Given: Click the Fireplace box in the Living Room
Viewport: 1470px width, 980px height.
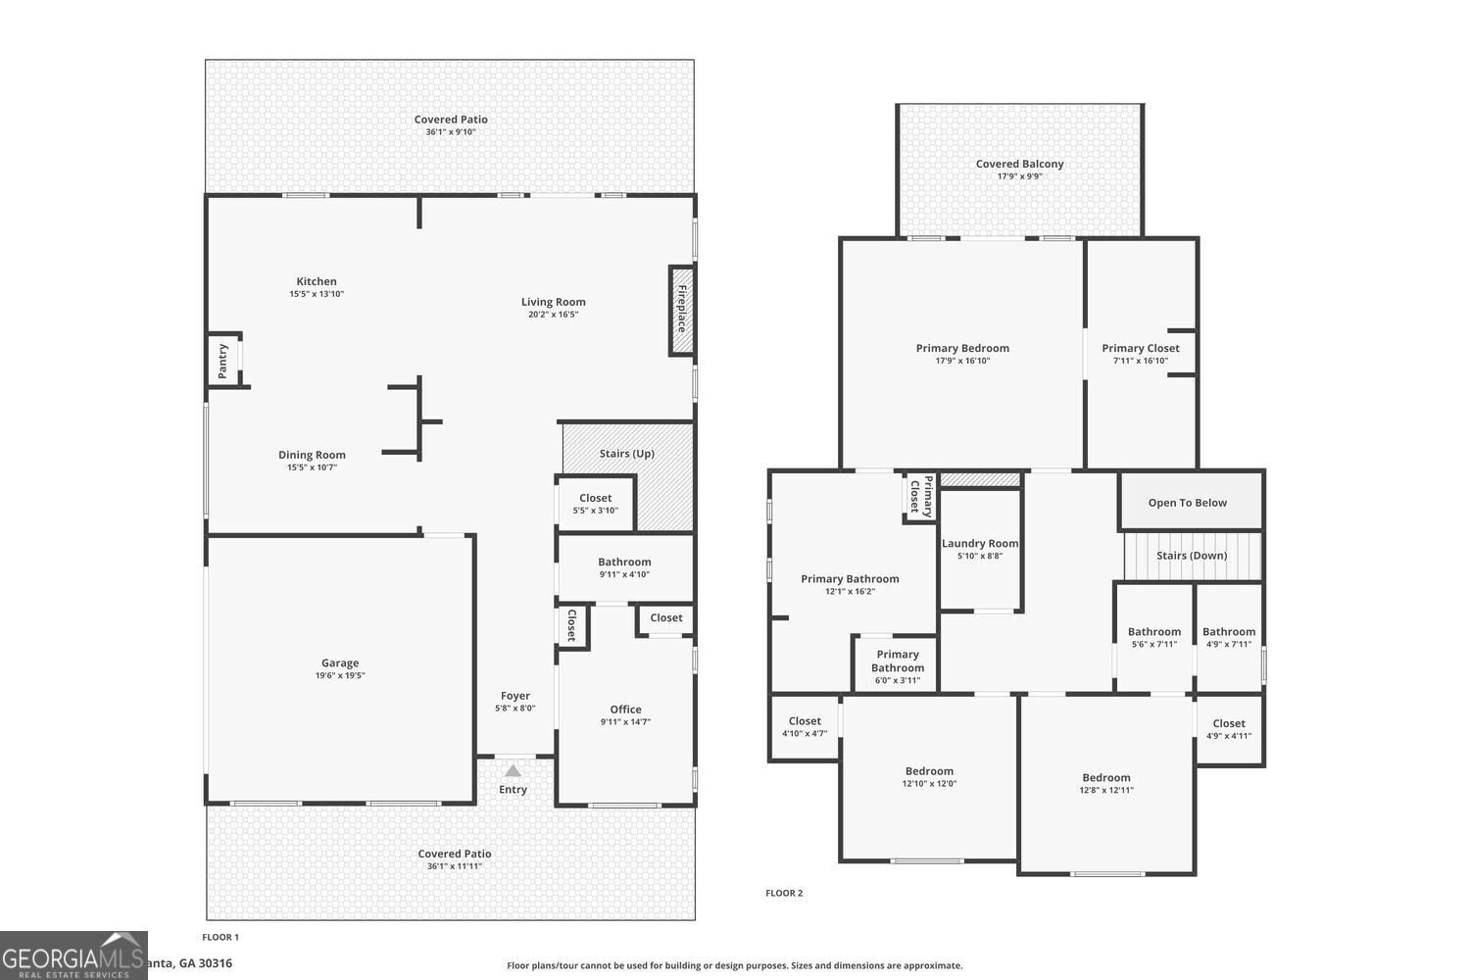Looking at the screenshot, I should pos(681,310).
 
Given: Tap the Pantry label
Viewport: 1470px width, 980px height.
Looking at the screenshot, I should pos(223,360).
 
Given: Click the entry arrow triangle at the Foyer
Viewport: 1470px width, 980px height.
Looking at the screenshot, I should pos(513,770).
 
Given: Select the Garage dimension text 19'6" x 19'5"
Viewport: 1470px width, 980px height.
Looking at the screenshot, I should pos(340,676).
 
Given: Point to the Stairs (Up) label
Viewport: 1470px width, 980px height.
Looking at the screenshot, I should pos(626,454).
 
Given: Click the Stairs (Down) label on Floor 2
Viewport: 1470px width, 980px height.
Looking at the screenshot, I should pos(1192,556).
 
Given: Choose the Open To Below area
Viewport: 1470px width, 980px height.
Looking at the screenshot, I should pos(1188,503).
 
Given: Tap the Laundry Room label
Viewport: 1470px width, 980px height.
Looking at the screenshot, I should pos(980,544).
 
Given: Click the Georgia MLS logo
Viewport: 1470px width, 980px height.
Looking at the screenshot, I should pos(73,955).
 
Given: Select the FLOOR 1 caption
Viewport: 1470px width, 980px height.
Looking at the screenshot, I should pos(220,938).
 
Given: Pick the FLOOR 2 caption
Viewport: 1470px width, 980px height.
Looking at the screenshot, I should pos(784,893).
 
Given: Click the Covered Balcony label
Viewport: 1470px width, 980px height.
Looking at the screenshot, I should pos(1019,165).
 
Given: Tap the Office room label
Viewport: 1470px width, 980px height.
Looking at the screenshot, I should pos(625,710).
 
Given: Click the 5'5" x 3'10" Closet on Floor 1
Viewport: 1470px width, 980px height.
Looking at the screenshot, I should pos(595,504).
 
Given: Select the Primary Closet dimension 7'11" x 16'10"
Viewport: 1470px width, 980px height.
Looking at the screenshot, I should pos(1141,361).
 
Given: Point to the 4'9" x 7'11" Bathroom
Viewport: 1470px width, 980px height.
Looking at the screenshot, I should pos(1229,638).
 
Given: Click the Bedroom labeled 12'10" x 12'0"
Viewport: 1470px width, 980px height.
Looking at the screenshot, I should pos(929,777).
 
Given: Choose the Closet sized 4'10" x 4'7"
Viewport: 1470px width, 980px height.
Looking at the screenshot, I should pos(805,727).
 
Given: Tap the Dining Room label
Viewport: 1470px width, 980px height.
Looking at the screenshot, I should pos(312,455).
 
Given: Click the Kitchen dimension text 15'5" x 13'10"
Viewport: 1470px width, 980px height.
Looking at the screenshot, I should pos(317,294).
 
